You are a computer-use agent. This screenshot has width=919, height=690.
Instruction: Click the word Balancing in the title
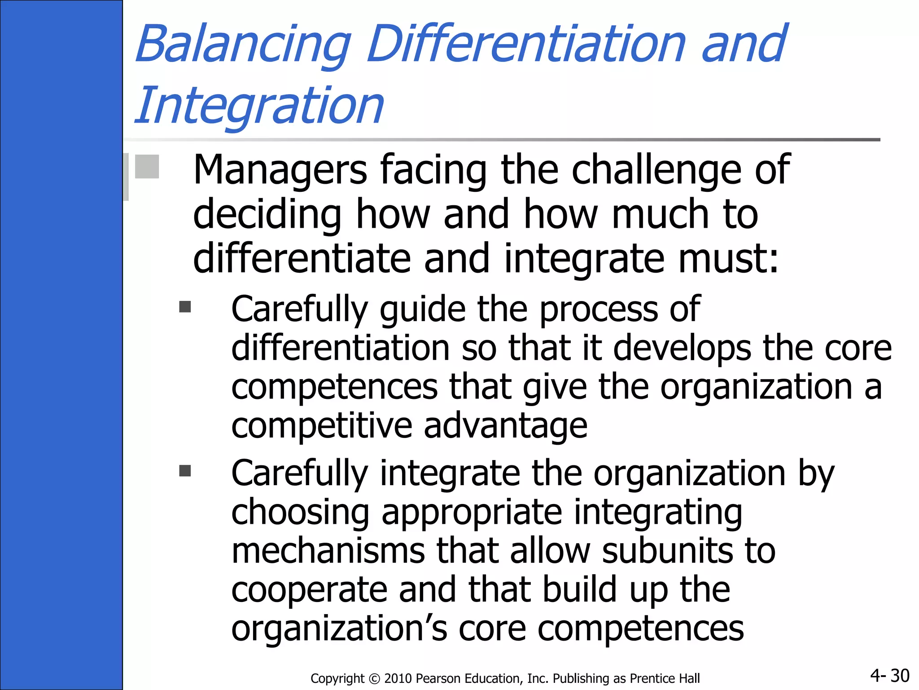(243, 45)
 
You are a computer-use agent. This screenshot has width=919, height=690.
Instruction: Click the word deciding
(267, 215)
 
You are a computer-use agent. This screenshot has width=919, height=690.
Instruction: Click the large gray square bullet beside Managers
(147, 167)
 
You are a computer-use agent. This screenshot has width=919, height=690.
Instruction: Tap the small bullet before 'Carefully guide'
(185, 307)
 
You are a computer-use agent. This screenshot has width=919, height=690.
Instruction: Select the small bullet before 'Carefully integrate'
(185, 471)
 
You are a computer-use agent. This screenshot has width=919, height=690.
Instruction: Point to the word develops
(682, 348)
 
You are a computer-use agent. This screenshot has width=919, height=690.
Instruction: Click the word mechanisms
(328, 551)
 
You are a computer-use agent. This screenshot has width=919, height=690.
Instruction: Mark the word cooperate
(309, 591)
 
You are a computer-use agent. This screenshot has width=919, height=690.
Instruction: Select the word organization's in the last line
(339, 629)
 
